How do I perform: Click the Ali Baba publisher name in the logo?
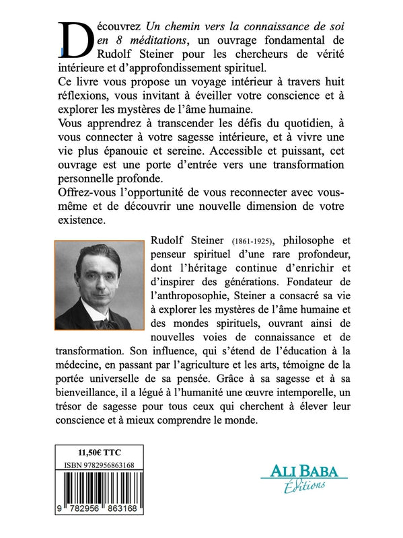303,471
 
